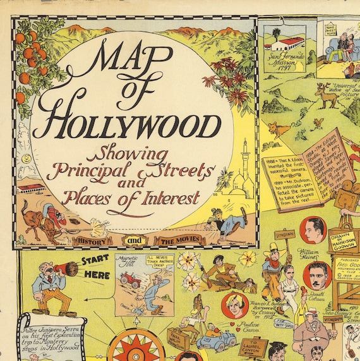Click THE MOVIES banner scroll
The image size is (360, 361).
tap(178, 240)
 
